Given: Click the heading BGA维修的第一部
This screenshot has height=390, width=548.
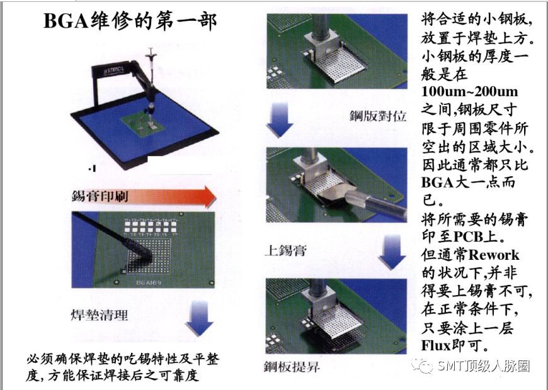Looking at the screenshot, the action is tap(130, 20).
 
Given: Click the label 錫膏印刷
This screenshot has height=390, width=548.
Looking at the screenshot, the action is tap(100, 196).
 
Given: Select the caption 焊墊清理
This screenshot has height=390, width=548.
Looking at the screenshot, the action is tap(100, 315).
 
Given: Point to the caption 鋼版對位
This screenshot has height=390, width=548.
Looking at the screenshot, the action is tap(378, 116).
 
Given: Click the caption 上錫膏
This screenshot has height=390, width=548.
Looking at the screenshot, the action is tap(285, 250).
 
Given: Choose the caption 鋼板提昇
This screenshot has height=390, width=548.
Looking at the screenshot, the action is tap(292, 367).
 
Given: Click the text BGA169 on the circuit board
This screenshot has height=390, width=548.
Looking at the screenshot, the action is tap(149, 282).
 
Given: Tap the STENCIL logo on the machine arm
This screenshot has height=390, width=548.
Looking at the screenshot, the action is tap(113, 71).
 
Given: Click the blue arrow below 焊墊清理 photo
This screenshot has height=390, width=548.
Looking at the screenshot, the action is tap(199, 319).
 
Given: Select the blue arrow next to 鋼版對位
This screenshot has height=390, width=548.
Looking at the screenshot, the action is tap(280, 120).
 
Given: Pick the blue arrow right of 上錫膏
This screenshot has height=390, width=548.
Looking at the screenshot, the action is tap(392, 252).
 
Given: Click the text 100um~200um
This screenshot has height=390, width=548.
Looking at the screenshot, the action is tap(470, 91).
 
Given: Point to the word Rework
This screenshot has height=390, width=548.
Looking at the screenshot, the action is tap(494, 255).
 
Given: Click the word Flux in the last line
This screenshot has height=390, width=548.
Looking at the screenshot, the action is tap(436, 345).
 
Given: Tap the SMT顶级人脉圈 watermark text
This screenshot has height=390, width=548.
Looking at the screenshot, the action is tap(484, 366).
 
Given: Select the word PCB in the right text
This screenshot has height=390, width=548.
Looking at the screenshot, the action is tap(468, 237).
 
